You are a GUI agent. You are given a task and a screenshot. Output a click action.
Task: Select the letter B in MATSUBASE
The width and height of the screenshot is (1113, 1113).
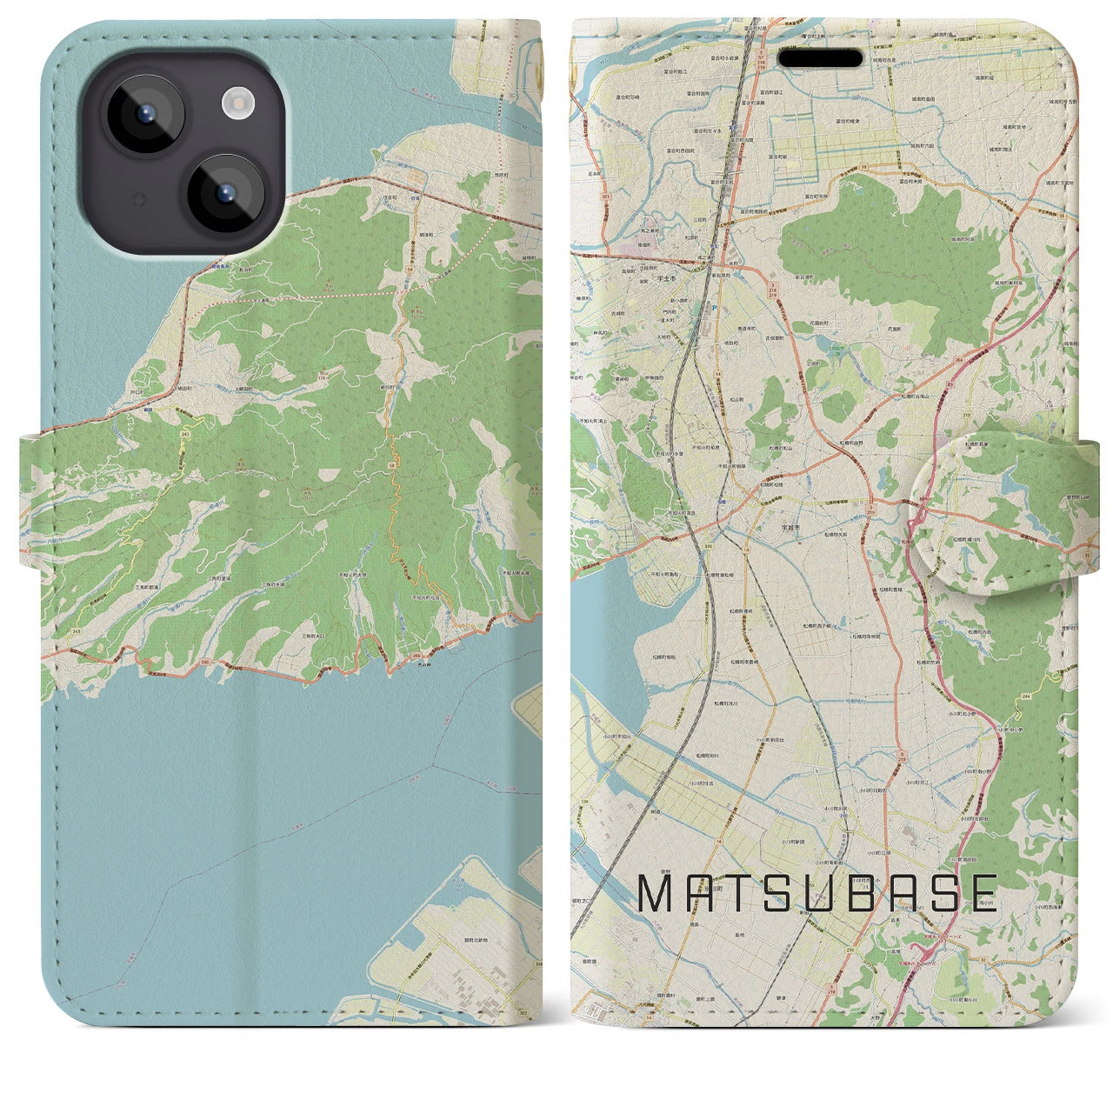point(856,893)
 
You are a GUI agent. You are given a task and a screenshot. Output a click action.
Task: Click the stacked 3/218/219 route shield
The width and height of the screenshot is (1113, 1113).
point(771,289)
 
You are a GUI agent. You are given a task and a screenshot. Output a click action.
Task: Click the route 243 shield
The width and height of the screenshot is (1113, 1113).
point(184,432)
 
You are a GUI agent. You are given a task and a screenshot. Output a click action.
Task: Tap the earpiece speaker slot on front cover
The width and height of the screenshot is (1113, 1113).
point(820,58)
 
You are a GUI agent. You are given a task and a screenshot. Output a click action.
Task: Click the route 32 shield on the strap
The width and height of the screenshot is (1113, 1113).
point(1086,554)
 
